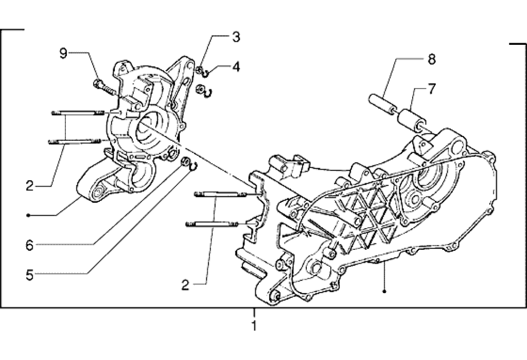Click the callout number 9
pos(63,53)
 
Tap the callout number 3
pos(236,37)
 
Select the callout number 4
pos(236,66)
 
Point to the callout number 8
pos(432,59)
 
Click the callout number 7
pos(432,89)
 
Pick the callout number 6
pos(30,246)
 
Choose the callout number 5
pos(30,275)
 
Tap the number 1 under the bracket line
pos(254,325)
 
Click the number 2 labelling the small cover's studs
pos(30,186)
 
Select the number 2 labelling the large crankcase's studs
pos(185,285)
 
